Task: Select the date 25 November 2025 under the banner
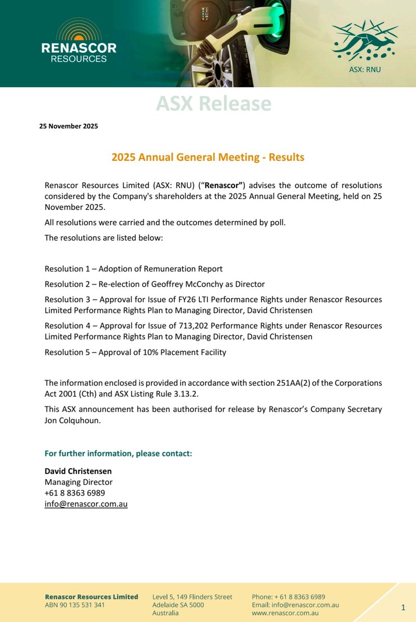pyautogui.click(x=68, y=126)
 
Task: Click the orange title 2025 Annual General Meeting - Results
pyautogui.click(x=208, y=157)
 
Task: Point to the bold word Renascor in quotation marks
pyautogui.click(x=222, y=186)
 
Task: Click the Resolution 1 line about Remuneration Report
pyautogui.click(x=133, y=268)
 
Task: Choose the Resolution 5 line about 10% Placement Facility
pyautogui.click(x=135, y=352)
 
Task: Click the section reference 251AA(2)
pyautogui.click(x=296, y=383)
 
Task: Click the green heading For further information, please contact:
pyautogui.click(x=118, y=454)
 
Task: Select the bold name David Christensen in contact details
pyautogui.click(x=78, y=471)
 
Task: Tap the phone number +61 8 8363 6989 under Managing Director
pyautogui.click(x=75, y=492)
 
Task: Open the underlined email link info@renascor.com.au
pyautogui.click(x=86, y=503)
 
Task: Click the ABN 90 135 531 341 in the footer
pyautogui.click(x=75, y=604)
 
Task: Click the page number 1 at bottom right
pyautogui.click(x=403, y=606)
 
